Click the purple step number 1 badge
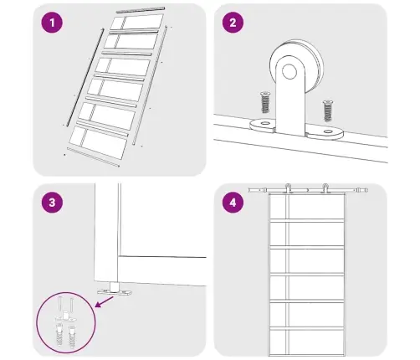point(52,23)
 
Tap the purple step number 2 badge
point(233,23)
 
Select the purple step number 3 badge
point(52,203)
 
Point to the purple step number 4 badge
point(233,203)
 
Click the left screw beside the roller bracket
point(265,102)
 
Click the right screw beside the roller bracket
point(328,111)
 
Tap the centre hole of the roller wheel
point(289,71)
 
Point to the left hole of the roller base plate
point(264,123)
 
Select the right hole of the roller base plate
point(328,131)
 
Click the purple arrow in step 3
point(104,302)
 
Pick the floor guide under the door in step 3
point(114,289)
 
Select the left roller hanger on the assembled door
point(288,188)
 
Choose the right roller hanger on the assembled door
point(325,188)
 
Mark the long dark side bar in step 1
point(85,78)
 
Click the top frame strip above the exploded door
point(141,10)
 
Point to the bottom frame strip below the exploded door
point(93,157)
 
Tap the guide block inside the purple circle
point(65,316)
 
